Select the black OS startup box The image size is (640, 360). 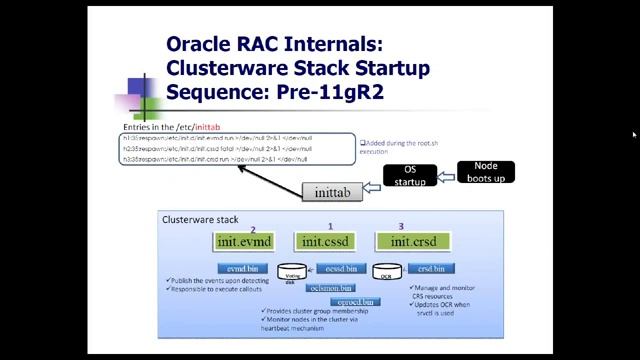click(408, 176)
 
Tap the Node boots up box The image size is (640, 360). click(485, 172)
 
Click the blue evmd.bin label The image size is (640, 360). click(242, 268)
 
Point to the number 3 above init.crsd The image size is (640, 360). click(400, 228)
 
